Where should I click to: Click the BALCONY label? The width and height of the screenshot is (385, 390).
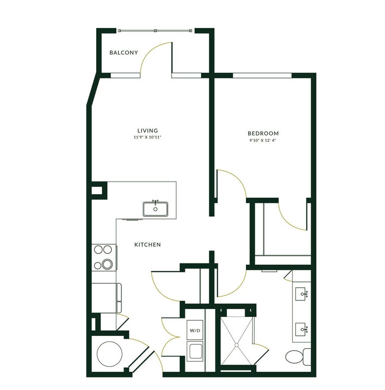[123, 53]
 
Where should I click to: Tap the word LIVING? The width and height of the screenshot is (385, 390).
[147, 131]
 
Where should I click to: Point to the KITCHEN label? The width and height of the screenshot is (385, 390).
[147, 244]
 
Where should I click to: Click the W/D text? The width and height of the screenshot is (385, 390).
[194, 331]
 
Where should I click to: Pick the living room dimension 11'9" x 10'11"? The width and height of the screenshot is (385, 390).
[147, 138]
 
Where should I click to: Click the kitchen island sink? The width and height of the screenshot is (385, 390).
[156, 209]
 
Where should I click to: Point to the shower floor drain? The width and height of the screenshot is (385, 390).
[237, 344]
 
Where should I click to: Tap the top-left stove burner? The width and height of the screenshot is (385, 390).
[98, 250]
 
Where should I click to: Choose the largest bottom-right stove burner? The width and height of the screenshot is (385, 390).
[108, 265]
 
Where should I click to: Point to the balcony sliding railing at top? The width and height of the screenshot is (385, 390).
[155, 30]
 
